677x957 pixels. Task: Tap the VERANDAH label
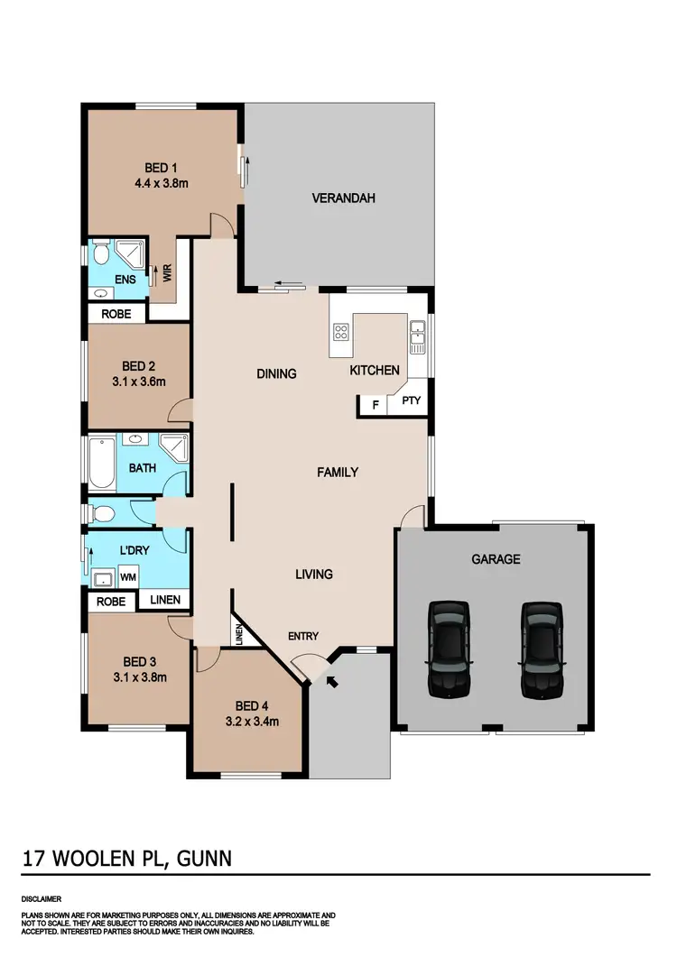point(343,198)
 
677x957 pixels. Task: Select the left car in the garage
point(449,649)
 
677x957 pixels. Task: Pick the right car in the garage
point(542,649)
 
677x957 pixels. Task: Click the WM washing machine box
point(129,575)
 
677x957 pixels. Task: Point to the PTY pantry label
point(412,402)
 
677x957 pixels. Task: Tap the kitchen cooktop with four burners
point(341,331)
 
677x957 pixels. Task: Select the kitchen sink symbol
point(417,336)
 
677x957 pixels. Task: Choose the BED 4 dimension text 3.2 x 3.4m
point(251,721)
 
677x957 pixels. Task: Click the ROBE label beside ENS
point(116,314)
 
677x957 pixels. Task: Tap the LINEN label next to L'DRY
point(164,600)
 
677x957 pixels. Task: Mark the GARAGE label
point(496,559)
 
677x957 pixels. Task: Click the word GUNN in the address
point(205,859)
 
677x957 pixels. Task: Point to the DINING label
point(276,373)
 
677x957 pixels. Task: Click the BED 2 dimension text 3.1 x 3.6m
point(139,382)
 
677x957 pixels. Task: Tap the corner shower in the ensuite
point(132,255)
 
